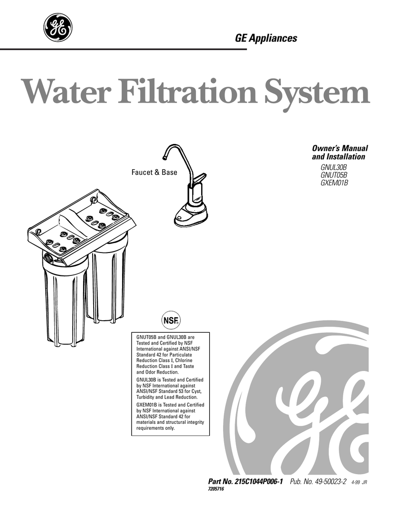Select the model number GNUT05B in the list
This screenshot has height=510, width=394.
(333, 175)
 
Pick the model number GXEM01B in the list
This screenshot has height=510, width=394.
(334, 183)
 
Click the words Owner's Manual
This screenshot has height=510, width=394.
(339, 149)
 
